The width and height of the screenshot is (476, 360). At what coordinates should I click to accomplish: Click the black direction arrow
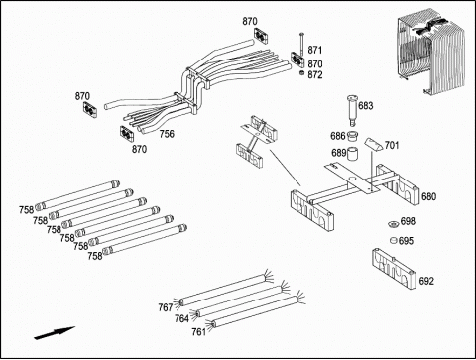pyautogui.click(x=55, y=333)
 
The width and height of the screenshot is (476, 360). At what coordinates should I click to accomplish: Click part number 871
pyautogui.click(x=314, y=50)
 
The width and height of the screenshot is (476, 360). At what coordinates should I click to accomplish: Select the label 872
pyautogui.click(x=315, y=75)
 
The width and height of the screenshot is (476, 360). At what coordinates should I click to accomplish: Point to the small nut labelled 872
pyautogui.click(x=302, y=73)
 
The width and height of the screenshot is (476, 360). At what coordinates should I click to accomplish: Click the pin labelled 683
pyautogui.click(x=352, y=110)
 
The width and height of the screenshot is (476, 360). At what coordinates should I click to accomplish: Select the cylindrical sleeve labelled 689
pyautogui.click(x=353, y=154)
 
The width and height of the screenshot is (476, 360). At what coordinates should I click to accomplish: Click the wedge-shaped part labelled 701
pyautogui.click(x=373, y=144)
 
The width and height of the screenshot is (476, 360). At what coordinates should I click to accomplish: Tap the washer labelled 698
pyautogui.click(x=394, y=224)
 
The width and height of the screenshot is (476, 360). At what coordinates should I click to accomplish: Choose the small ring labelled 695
pyautogui.click(x=394, y=240)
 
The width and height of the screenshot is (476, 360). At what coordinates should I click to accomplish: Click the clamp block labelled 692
pyautogui.click(x=394, y=267)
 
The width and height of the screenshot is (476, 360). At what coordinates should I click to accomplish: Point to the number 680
pyautogui.click(x=428, y=196)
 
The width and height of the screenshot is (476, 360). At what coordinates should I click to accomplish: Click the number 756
pyautogui.click(x=167, y=134)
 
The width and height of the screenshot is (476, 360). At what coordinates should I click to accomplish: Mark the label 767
pyautogui.click(x=166, y=307)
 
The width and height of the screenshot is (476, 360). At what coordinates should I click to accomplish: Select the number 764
pyautogui.click(x=181, y=318)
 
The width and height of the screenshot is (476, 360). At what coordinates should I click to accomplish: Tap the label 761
pyautogui.click(x=199, y=331)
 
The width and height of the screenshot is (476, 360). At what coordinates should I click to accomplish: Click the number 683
pyautogui.click(x=366, y=106)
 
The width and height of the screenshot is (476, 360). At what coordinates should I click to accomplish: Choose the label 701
pyautogui.click(x=392, y=145)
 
